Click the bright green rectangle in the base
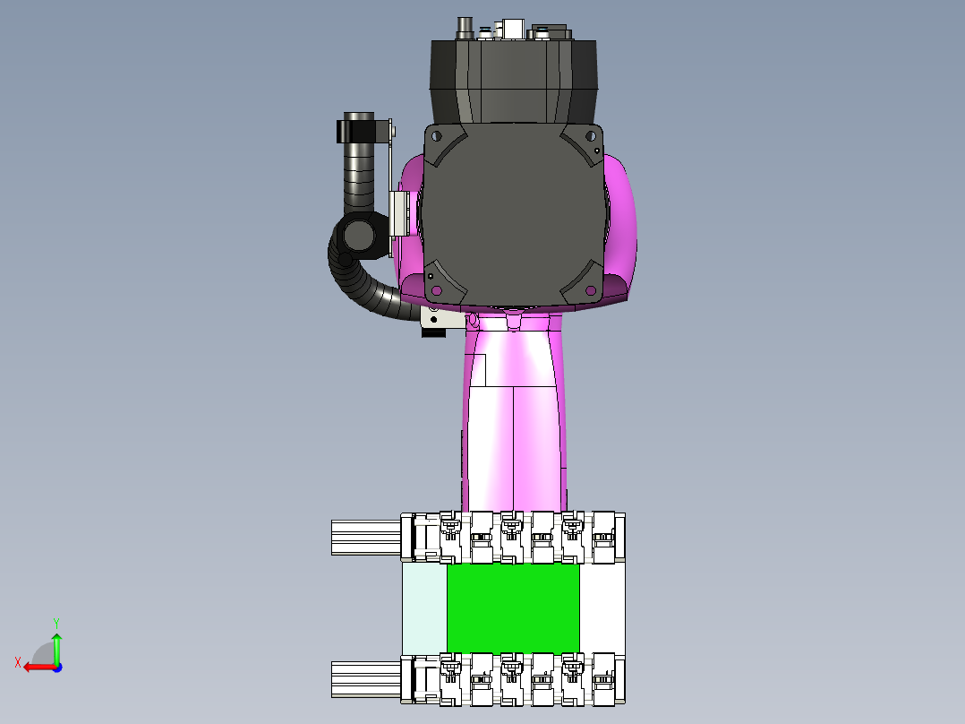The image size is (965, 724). point(513,608)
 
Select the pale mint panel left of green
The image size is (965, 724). point(424,608)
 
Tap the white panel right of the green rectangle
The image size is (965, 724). point(602,608)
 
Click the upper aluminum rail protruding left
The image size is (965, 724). point(366,538)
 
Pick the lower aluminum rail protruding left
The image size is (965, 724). point(366,679)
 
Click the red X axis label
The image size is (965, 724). point(18,663)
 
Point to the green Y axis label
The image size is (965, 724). point(56,623)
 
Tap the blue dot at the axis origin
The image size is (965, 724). point(57,668)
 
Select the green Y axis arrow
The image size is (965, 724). point(56,648)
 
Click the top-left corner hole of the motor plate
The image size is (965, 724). point(436,135)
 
